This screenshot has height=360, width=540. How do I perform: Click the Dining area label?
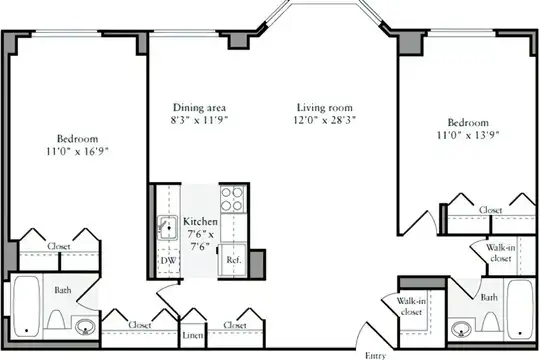(x=199, y=107)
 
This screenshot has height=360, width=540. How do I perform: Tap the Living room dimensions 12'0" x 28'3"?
(x=325, y=120)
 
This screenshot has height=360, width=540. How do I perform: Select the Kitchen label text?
(x=200, y=221)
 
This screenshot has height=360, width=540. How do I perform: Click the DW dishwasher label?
(x=168, y=260)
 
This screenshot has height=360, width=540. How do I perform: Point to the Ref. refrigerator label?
(x=233, y=260)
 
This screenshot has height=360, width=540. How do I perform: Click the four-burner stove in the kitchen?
(x=232, y=199)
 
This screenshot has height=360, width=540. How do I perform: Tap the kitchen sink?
(x=168, y=228)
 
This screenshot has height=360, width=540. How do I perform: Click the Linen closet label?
(x=193, y=335)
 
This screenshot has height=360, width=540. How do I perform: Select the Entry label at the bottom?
(x=375, y=356)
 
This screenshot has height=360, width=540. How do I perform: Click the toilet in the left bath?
(x=56, y=319)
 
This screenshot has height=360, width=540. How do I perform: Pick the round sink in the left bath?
(x=85, y=327)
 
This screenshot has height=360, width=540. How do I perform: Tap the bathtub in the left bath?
(x=27, y=307)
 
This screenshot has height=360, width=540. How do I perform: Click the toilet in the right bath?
(x=490, y=321)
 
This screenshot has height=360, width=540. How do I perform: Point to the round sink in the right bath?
(x=461, y=329)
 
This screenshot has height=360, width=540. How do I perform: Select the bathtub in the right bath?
(x=520, y=309)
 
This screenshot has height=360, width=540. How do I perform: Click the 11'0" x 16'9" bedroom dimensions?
(x=77, y=152)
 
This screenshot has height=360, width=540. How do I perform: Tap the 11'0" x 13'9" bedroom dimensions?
(x=468, y=135)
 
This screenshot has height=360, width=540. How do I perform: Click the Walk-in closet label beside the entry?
(x=411, y=306)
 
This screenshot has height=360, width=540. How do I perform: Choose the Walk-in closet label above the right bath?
(x=500, y=253)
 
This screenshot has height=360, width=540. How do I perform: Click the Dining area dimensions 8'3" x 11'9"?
(x=200, y=120)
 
